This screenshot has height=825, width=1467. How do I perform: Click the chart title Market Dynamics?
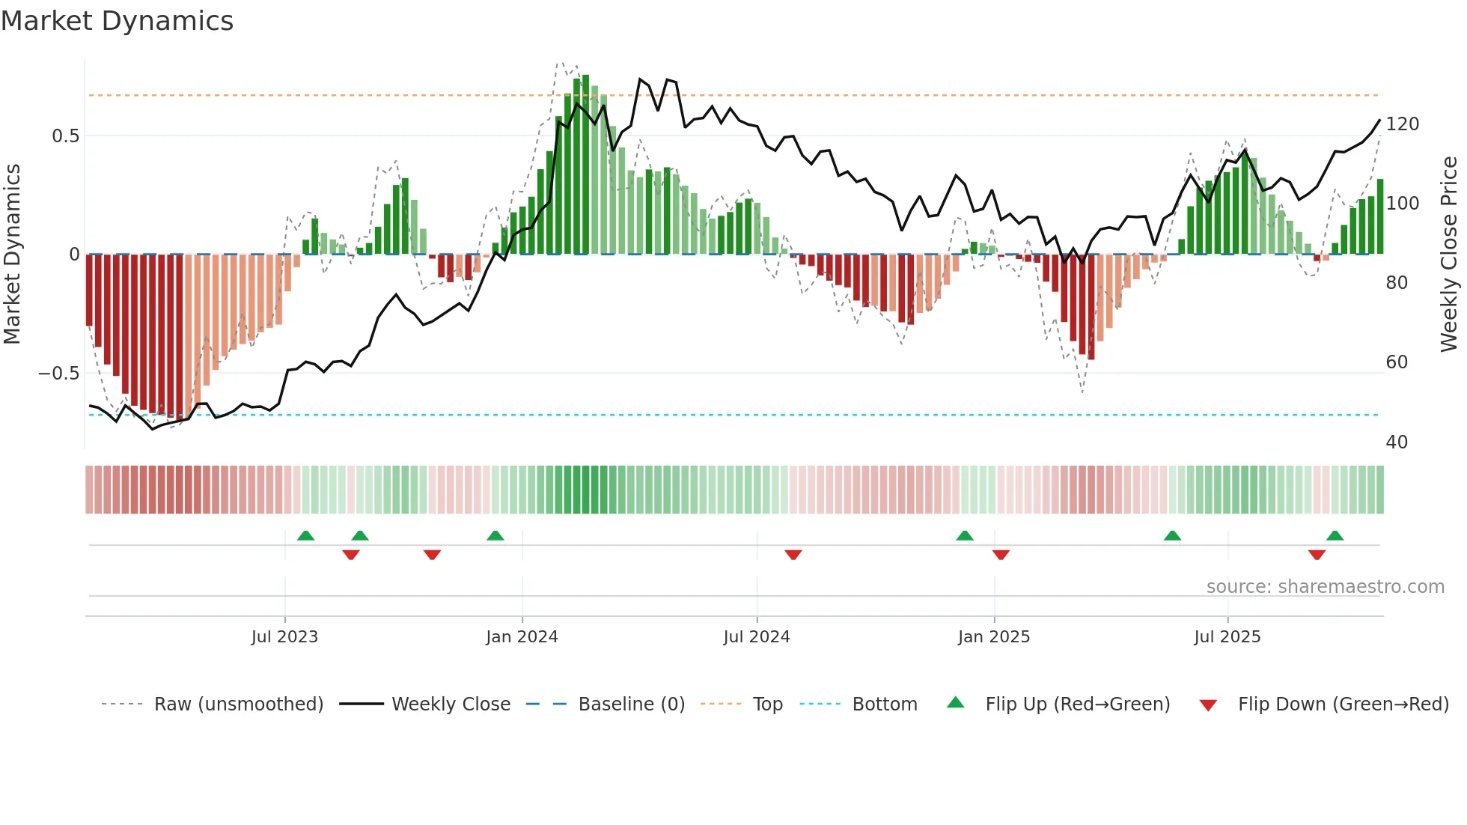tap(118, 21)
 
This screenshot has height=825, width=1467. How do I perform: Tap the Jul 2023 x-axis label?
tap(284, 637)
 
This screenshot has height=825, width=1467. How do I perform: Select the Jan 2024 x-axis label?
tap(522, 637)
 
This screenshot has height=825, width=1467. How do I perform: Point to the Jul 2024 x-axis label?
tap(757, 637)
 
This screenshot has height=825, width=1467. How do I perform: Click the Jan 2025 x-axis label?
tap(994, 637)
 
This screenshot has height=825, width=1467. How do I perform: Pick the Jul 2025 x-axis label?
tap(1227, 637)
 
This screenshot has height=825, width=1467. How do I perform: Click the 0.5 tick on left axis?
tap(65, 136)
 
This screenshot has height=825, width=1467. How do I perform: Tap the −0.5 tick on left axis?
tap(58, 374)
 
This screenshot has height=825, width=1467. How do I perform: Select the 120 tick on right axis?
tap(1402, 124)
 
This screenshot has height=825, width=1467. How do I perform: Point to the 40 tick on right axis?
tap(1397, 442)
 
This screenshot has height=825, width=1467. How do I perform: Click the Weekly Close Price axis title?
tap(1449, 255)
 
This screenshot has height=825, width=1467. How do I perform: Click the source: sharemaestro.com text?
tap(1325, 587)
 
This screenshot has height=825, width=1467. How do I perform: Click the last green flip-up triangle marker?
tap(1335, 536)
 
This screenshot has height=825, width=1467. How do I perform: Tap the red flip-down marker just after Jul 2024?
tap(793, 555)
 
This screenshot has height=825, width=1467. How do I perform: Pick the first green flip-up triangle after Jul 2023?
tap(305, 536)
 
